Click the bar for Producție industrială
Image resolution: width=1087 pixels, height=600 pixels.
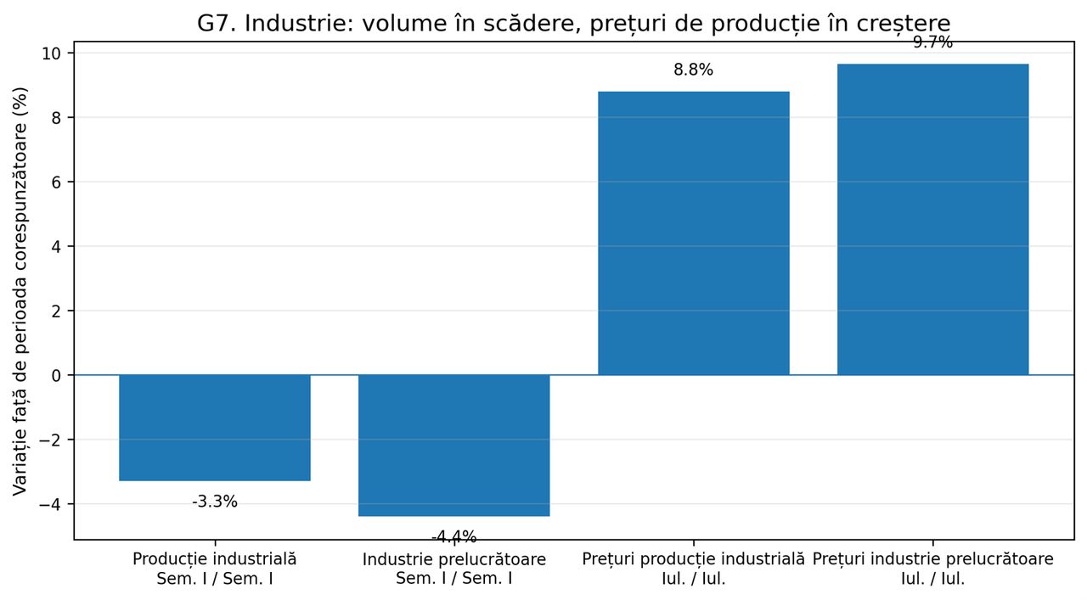pyautogui.click(x=215, y=428)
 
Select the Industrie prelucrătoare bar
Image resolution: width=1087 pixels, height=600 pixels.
pyautogui.click(x=454, y=446)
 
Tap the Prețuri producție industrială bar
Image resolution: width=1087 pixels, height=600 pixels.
pyautogui.click(x=694, y=233)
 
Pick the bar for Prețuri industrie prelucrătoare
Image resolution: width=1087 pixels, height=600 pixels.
pyautogui.click(x=932, y=219)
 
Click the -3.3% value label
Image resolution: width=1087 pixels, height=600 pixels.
pyautogui.click(x=215, y=502)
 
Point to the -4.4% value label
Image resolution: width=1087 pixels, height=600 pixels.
pyautogui.click(x=454, y=537)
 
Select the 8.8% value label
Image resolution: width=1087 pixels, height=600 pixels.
pyautogui.click(x=694, y=70)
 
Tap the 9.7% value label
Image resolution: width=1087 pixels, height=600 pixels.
pyautogui.click(x=932, y=42)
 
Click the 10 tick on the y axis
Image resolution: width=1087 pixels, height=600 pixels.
pyautogui.click(x=51, y=53)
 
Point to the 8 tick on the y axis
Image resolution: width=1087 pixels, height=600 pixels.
pyautogui.click(x=56, y=118)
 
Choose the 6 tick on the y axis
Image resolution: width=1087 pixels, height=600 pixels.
pyautogui.click(x=56, y=182)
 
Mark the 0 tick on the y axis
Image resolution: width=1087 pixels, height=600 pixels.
pyautogui.click(x=56, y=375)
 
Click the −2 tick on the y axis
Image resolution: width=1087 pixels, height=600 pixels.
pyautogui.click(x=50, y=440)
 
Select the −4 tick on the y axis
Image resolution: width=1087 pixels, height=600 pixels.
pyautogui.click(x=50, y=504)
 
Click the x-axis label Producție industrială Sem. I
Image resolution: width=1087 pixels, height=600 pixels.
pyautogui.click(x=215, y=569)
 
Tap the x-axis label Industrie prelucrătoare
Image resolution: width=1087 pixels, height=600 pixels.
pyautogui.click(x=454, y=559)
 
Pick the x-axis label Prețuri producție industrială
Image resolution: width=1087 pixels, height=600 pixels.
pyautogui.click(x=694, y=559)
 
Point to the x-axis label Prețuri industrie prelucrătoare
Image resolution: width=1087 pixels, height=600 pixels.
pyautogui.click(x=932, y=559)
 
